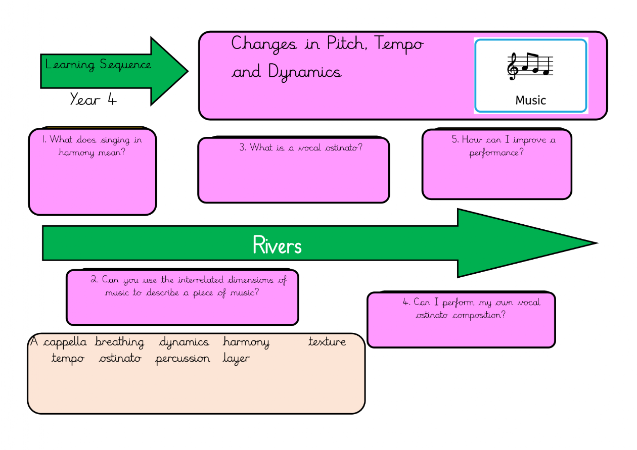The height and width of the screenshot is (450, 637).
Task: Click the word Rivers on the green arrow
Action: (277, 245)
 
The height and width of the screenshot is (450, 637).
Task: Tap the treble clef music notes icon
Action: (530, 67)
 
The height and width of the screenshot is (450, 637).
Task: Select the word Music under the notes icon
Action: (530, 100)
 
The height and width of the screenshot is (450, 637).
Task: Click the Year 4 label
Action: (93, 99)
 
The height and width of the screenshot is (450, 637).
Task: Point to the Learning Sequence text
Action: (98, 65)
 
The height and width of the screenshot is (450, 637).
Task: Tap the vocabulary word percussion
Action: (183, 359)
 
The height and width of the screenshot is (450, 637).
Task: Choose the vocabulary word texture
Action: (327, 342)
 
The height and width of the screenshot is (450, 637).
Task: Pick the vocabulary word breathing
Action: (119, 342)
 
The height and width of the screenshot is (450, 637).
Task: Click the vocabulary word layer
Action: (236, 359)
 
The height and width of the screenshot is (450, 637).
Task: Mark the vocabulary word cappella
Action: (65, 342)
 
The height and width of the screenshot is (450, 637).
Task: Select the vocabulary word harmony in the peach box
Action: (246, 342)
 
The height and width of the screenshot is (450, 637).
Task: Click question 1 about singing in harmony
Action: (92, 145)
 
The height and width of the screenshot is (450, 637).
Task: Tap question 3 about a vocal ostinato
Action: (301, 147)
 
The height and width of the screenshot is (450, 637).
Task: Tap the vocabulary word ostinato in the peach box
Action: (120, 359)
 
